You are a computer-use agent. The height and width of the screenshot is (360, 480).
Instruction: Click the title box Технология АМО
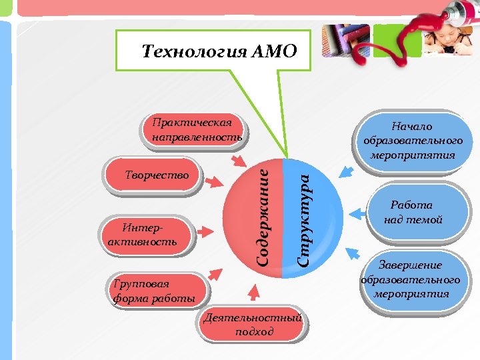coord(213,51)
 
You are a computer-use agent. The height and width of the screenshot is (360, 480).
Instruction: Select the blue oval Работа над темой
coord(413,213)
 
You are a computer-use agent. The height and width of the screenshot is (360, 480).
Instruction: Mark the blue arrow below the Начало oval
coord(345,172)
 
